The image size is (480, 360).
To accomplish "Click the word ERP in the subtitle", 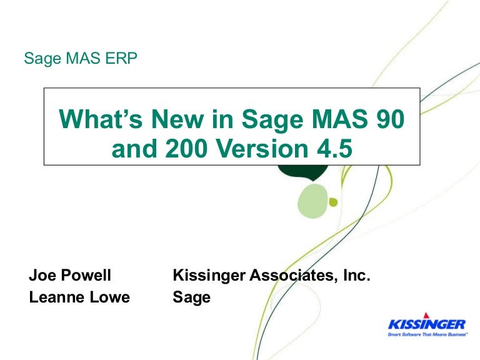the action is click(x=121, y=58).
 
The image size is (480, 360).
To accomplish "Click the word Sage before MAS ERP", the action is click(x=42, y=59).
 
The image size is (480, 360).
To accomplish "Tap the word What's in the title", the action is click(x=101, y=119).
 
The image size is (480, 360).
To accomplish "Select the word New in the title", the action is click(x=177, y=119).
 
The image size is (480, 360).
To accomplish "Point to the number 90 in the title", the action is click(x=390, y=119).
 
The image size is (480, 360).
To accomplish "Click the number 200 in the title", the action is click(x=186, y=148).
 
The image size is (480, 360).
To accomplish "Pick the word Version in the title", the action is click(x=262, y=148).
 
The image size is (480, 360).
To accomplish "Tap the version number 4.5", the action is click(x=334, y=148).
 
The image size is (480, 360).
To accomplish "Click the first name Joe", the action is click(x=43, y=275).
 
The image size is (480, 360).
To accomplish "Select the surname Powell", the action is click(x=86, y=275).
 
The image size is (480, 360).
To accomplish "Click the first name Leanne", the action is click(x=57, y=297).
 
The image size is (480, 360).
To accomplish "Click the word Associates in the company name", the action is click(x=291, y=275).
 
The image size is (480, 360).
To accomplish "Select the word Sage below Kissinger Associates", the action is click(x=192, y=297).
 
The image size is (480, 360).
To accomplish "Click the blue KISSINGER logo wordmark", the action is click(x=427, y=324).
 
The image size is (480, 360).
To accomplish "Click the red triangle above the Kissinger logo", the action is click(x=426, y=315).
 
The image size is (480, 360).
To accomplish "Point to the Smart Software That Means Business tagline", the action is click(x=427, y=334).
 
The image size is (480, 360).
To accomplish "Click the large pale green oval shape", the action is click(x=313, y=201).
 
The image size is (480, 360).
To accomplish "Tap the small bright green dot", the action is click(x=333, y=202).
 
